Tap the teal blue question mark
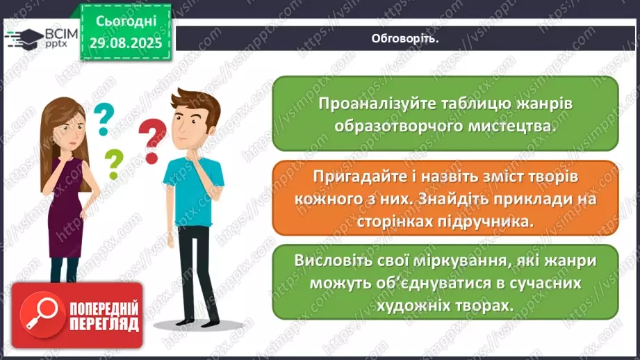point(103,119)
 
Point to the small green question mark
point(112,164)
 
